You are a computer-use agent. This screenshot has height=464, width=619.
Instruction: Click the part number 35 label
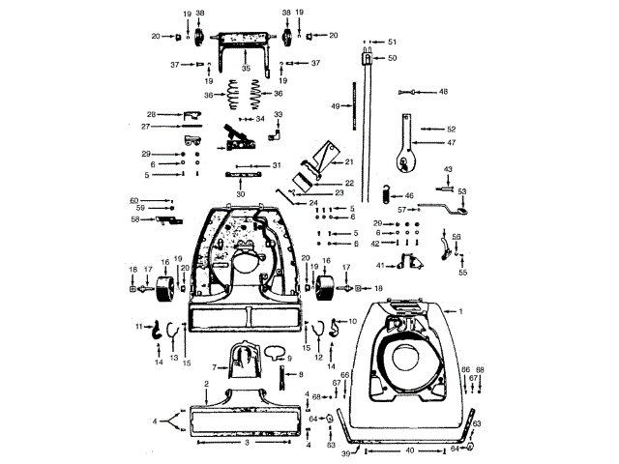point(246,70)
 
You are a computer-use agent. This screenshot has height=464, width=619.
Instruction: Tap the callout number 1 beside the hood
point(461,311)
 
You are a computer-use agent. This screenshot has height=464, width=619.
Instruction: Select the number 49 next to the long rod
point(335,105)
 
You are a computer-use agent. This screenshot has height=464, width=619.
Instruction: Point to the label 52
point(451,129)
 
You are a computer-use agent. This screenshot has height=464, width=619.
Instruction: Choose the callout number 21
point(349,161)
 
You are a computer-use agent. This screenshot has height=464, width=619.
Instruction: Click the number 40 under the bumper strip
point(409,450)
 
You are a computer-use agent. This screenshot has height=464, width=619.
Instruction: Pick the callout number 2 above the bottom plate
point(206,385)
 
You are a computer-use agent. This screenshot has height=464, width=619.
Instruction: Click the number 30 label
point(240,194)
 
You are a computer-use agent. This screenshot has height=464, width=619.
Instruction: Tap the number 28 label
point(152,114)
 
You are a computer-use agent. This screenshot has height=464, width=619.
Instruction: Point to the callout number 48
point(443,92)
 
